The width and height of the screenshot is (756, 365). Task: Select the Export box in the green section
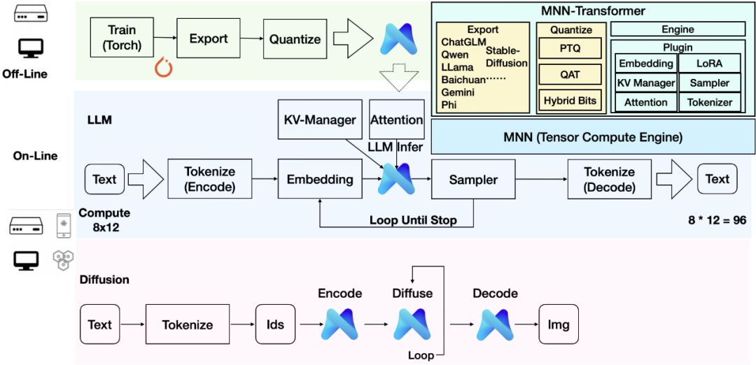(x=208, y=38)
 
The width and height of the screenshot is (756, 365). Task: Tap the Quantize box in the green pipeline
(x=295, y=39)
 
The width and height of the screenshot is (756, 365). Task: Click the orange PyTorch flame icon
(x=164, y=69)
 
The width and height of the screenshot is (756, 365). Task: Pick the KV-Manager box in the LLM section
(x=319, y=120)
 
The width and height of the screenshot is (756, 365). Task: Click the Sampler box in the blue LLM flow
(x=473, y=180)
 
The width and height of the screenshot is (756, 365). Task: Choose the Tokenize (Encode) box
(x=209, y=179)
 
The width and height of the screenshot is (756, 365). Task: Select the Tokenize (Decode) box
(x=609, y=179)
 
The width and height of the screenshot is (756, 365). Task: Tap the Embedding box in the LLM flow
(x=320, y=180)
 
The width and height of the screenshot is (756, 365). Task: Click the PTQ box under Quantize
(x=569, y=49)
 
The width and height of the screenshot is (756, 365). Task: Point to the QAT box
(x=569, y=75)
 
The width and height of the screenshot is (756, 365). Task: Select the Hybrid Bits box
(x=570, y=101)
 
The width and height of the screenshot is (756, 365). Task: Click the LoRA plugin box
(x=709, y=64)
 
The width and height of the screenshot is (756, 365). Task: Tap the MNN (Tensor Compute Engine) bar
(x=592, y=137)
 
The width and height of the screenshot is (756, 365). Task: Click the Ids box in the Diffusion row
(x=275, y=324)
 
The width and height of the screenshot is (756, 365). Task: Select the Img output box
(x=559, y=324)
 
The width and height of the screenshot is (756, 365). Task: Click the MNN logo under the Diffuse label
(x=412, y=324)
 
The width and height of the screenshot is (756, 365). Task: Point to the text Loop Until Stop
(x=413, y=221)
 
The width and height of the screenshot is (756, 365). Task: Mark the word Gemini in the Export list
(x=458, y=92)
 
